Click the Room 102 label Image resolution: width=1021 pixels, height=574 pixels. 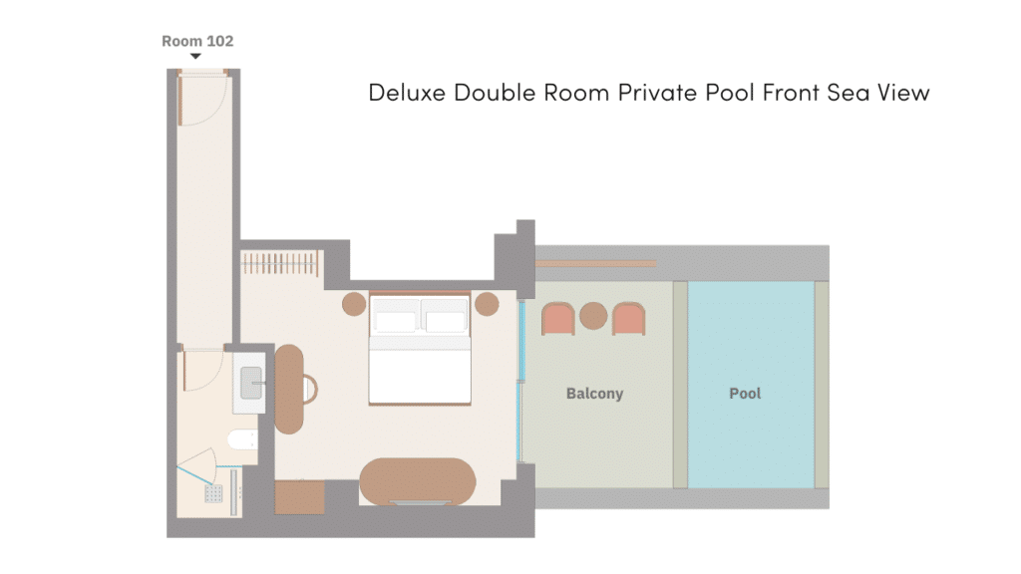pyautogui.click(x=197, y=41)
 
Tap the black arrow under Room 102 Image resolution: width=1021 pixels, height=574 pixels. pyautogui.click(x=195, y=57)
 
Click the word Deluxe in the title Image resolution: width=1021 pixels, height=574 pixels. pyautogui.click(x=407, y=93)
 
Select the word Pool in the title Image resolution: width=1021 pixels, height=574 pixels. pyautogui.click(x=731, y=93)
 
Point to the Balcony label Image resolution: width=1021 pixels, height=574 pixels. pyautogui.click(x=594, y=394)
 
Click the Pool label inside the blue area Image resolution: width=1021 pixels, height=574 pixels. pyautogui.click(x=745, y=393)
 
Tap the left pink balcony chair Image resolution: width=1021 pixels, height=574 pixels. pyautogui.click(x=558, y=319)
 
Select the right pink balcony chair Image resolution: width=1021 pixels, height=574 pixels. pyautogui.click(x=628, y=319)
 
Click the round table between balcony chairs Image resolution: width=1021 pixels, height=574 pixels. pyautogui.click(x=593, y=316)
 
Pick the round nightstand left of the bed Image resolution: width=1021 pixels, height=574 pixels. pyautogui.click(x=354, y=304)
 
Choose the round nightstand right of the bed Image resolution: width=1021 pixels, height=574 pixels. pyautogui.click(x=487, y=304)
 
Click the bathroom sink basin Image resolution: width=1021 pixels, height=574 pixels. pyautogui.click(x=251, y=383)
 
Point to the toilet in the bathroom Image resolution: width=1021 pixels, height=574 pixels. pyautogui.click(x=242, y=439)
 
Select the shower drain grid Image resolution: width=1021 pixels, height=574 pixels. pyautogui.click(x=213, y=493)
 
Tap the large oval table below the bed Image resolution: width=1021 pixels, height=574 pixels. pyautogui.click(x=418, y=481)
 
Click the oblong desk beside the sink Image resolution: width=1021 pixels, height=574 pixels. pyautogui.click(x=288, y=390)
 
